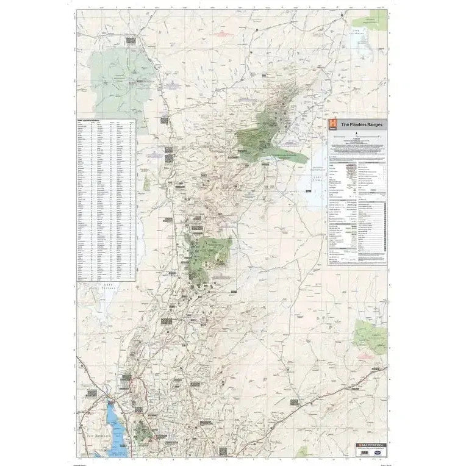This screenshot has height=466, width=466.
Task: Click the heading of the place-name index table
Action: coord(91,121)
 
